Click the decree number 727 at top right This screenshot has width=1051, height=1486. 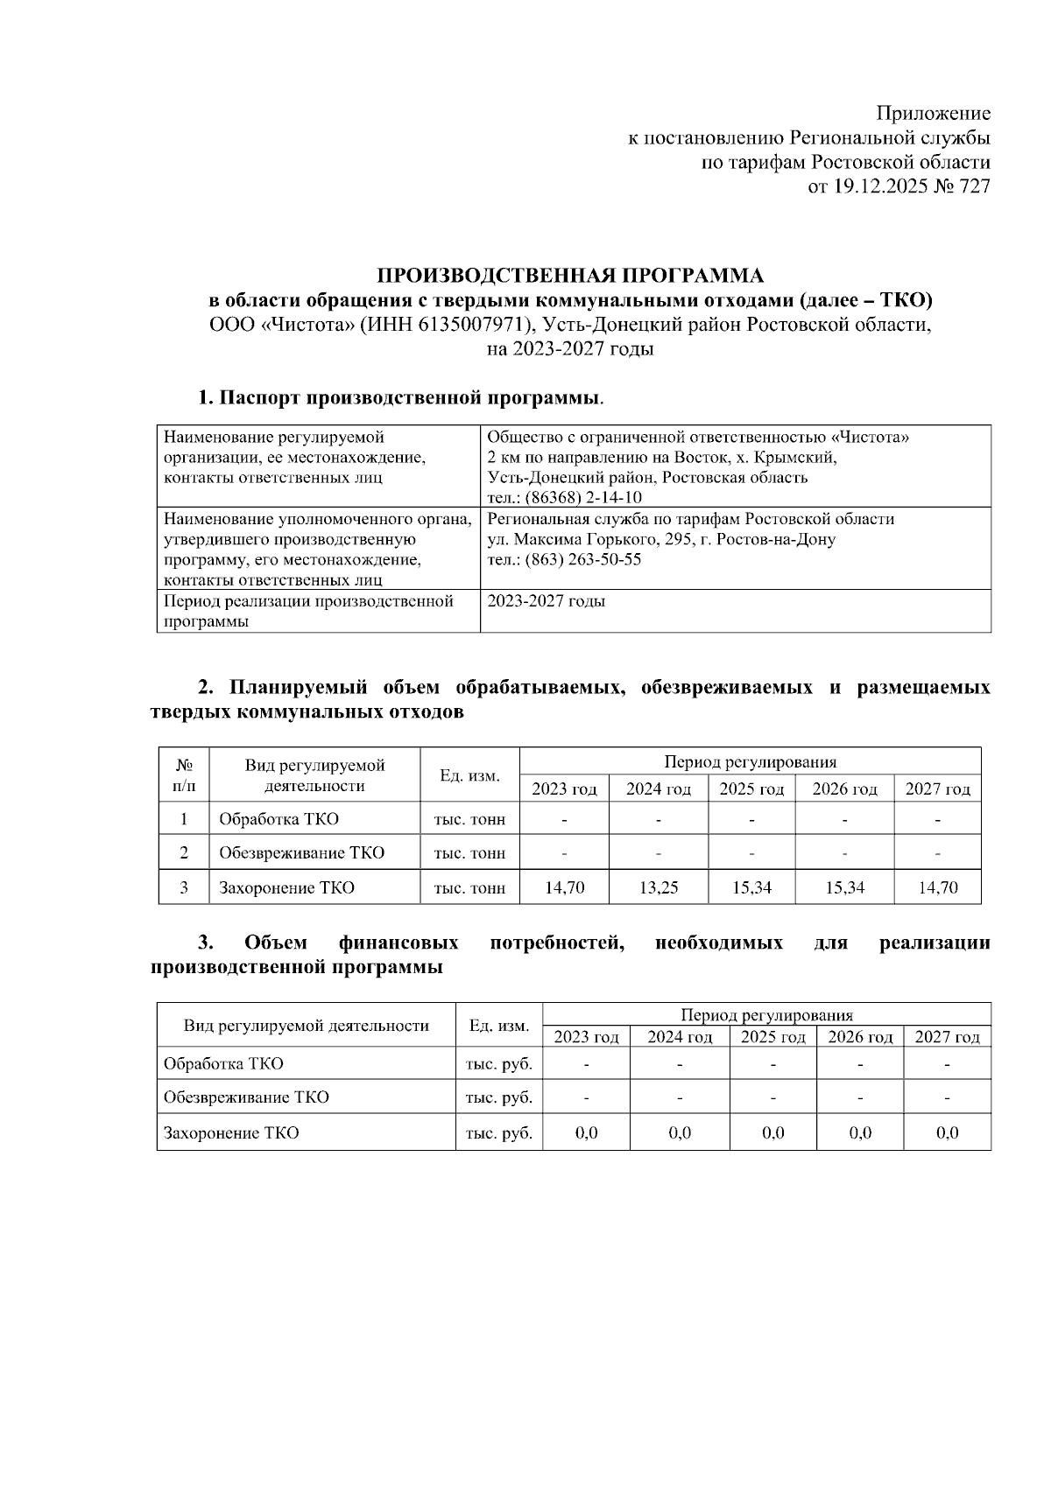(x=975, y=186)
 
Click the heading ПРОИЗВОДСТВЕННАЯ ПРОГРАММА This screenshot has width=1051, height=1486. (x=570, y=276)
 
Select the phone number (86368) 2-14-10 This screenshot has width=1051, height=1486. (x=583, y=498)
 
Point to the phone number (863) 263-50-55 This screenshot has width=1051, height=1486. (x=583, y=559)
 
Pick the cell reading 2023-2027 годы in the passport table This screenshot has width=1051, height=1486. (x=547, y=601)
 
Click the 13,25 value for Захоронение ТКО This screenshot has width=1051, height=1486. (x=658, y=887)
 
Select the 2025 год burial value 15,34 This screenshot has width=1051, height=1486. (x=751, y=887)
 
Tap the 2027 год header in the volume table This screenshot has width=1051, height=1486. (x=937, y=789)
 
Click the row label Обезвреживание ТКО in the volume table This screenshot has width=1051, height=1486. (x=301, y=853)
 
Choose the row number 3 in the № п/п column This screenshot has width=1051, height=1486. (x=184, y=887)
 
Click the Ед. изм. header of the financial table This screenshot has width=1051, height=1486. (x=498, y=1026)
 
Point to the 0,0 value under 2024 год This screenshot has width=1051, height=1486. (x=680, y=1132)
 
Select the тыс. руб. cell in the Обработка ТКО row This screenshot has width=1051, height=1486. (x=498, y=1064)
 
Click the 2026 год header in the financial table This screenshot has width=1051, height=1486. (x=860, y=1037)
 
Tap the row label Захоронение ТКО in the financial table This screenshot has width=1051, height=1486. (x=231, y=1132)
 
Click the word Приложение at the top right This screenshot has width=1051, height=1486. (x=934, y=114)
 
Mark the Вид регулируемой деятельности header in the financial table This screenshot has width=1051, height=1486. (x=306, y=1026)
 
